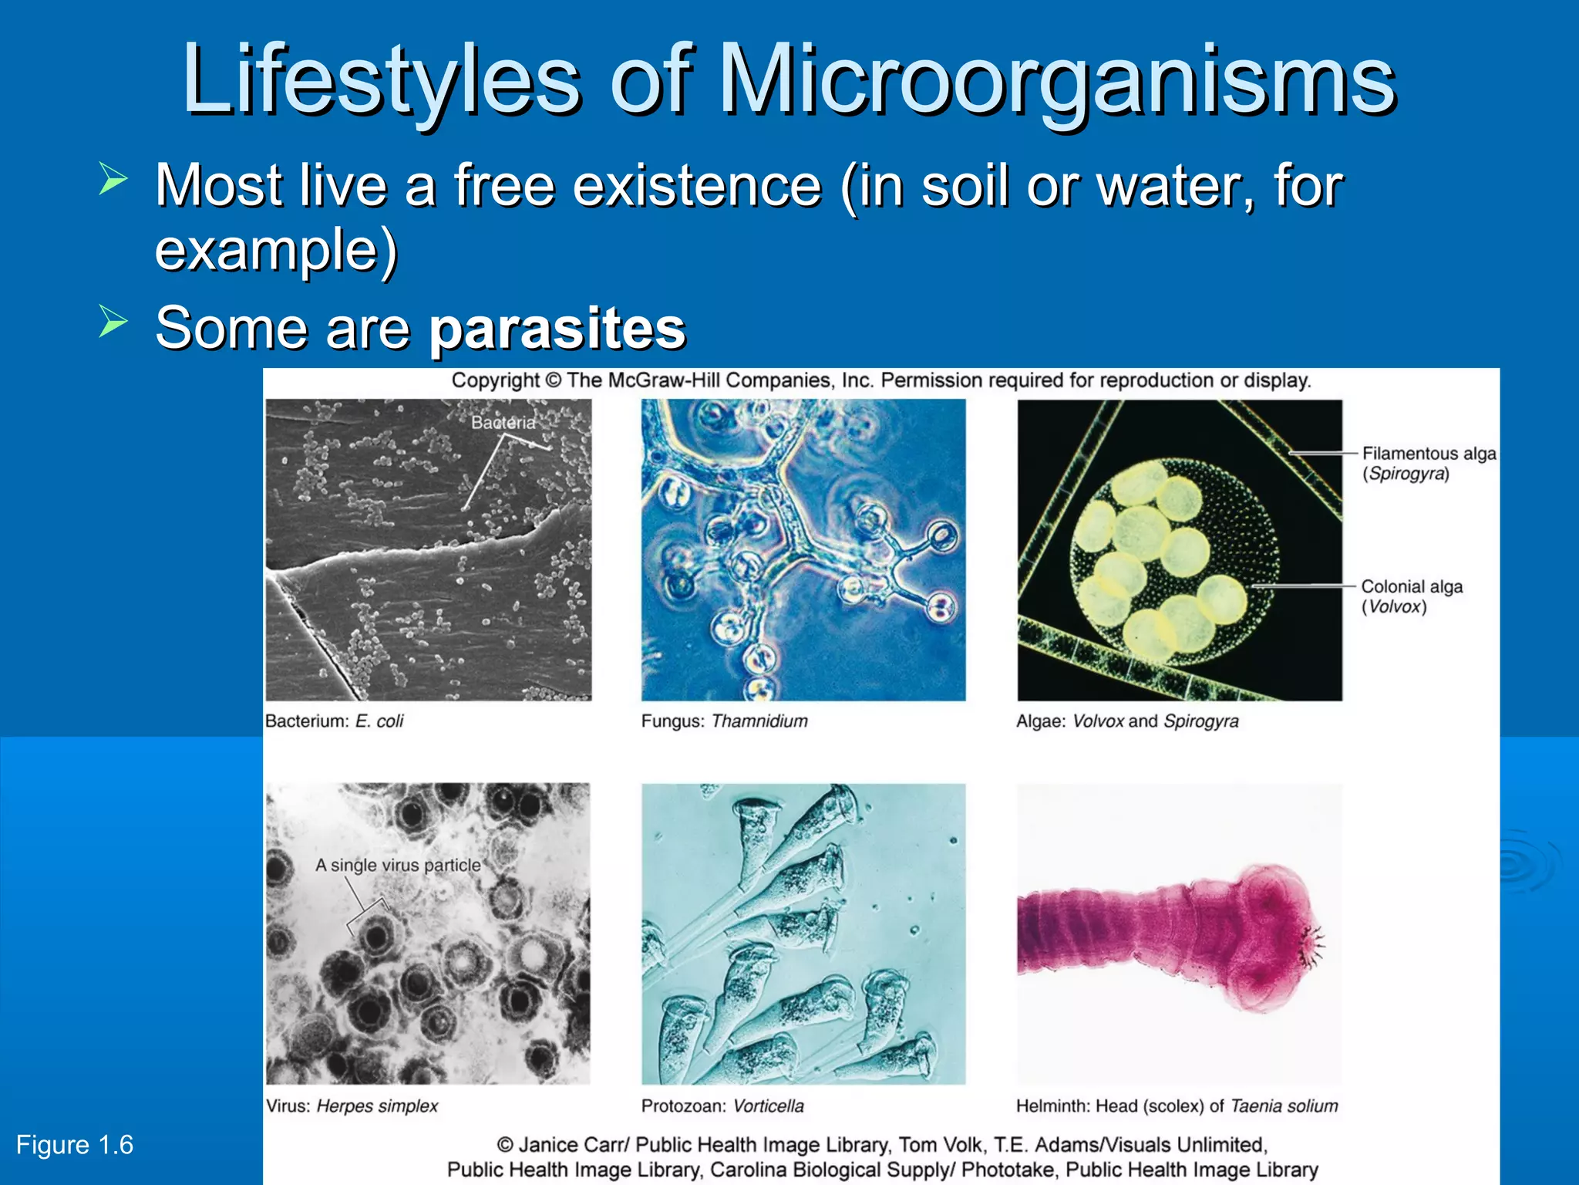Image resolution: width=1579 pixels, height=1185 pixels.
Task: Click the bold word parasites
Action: click(x=557, y=328)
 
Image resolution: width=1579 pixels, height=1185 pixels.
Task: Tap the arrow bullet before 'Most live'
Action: click(x=113, y=179)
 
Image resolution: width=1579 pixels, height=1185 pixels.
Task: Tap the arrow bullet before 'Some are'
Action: click(x=113, y=321)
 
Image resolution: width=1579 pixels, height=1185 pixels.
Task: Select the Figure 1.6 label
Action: click(x=75, y=1145)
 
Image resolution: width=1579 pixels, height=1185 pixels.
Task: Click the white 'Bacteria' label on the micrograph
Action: click(x=503, y=422)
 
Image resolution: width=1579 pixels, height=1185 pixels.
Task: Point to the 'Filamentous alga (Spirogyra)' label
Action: click(x=1428, y=463)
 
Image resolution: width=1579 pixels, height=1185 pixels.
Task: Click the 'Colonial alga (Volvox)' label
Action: click(x=1411, y=596)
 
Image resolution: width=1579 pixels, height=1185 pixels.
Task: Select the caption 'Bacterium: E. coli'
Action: click(x=334, y=721)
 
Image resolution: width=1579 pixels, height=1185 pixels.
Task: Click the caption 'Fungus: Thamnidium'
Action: click(x=724, y=721)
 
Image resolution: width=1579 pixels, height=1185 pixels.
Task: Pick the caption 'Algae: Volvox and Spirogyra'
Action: click(x=1126, y=721)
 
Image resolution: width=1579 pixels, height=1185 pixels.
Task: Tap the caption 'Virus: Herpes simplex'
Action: click(x=352, y=1106)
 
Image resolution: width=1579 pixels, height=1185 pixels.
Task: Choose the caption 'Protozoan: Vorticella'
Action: click(x=722, y=1106)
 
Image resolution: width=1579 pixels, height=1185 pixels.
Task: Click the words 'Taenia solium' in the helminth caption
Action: click(x=1284, y=1106)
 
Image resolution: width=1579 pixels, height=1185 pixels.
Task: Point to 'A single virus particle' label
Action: click(x=398, y=865)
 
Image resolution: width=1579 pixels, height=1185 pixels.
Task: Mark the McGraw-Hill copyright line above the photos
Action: click(x=880, y=380)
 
